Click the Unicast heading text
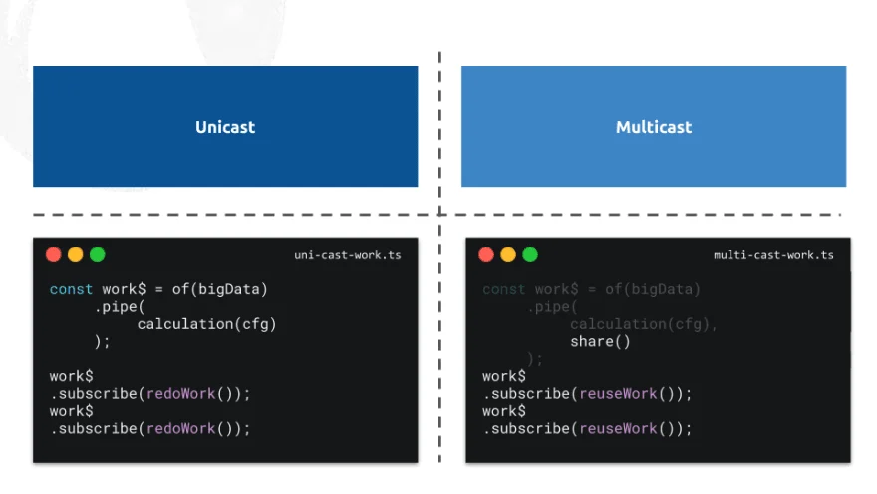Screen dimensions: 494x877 tap(225, 127)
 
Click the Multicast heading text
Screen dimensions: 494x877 tap(654, 127)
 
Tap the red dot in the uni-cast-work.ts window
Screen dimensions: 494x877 tap(54, 254)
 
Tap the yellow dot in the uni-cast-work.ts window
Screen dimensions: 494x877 tap(76, 254)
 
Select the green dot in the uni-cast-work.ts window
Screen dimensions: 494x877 tap(98, 254)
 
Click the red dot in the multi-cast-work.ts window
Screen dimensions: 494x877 tap(486, 254)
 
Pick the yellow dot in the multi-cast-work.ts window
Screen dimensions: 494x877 tap(508, 254)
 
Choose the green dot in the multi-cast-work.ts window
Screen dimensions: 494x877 tap(530, 254)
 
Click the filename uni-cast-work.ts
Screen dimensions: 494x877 tap(348, 255)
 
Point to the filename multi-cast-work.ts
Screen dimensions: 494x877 tap(773, 255)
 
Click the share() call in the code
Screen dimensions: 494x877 tap(600, 342)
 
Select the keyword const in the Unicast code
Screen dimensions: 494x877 tap(71, 289)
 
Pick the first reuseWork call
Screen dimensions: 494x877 tap(619, 394)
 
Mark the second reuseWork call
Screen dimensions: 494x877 tap(619, 429)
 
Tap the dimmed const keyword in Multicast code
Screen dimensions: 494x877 tap(503, 289)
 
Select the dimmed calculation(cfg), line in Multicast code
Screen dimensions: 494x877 tap(643, 324)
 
